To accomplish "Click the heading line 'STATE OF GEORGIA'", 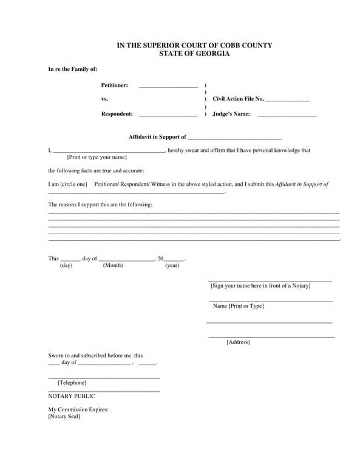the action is (x=194, y=54).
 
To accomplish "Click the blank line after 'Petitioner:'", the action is (x=168, y=87).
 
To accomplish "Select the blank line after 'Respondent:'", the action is (x=168, y=115).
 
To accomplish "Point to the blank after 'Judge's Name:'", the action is (x=287, y=115).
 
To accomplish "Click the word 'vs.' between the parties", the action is (x=104, y=99).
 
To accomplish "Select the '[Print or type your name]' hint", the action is (x=97, y=157).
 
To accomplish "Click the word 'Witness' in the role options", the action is (x=161, y=184).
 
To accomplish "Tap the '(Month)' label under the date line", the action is (x=113, y=265).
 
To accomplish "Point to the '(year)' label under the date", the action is (x=172, y=265).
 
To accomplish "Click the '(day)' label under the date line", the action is (x=66, y=265).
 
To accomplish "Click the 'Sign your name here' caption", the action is (x=260, y=285).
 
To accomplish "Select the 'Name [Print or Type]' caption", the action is (x=238, y=306).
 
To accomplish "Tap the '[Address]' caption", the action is (x=238, y=342).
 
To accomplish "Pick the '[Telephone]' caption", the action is (x=72, y=383).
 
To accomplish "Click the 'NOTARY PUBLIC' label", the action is (x=72, y=396).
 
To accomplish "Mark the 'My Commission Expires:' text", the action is (x=78, y=410).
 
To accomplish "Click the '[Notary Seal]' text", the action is (x=64, y=416).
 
